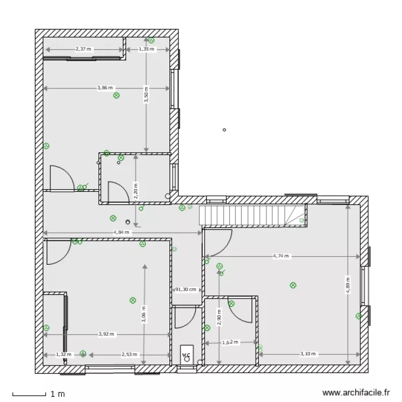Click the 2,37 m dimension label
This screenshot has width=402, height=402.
[x=83, y=49]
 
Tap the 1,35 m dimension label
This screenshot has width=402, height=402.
[x=146, y=49]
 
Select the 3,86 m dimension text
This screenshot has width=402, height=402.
[x=105, y=88]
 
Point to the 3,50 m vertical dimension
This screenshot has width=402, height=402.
[x=146, y=94]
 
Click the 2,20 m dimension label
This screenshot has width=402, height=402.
[x=136, y=191]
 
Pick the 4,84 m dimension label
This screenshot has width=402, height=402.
[x=122, y=232]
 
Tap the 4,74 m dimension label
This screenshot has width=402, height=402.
[x=281, y=256]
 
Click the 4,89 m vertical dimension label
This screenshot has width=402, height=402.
[x=348, y=285]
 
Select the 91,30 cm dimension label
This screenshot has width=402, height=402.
[x=186, y=289]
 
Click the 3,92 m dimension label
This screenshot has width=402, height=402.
[x=106, y=334]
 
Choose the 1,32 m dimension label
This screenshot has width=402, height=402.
[x=64, y=354]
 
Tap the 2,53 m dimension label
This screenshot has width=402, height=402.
[x=130, y=354]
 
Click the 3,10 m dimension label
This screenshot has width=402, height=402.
[x=308, y=354]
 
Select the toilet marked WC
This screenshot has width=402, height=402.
[x=187, y=354]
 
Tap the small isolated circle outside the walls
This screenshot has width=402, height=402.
[x=224, y=130]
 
